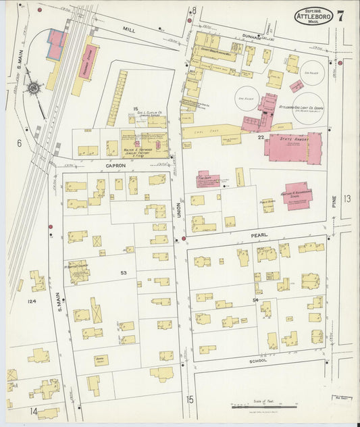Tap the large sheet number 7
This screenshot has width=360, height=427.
coord(340,16)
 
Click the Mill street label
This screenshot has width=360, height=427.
coord(129,30)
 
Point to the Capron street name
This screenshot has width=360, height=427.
coord(115,166)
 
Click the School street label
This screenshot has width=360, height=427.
coord(258,361)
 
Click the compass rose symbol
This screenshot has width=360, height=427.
coord(32,88)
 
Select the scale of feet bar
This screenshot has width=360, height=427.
coord(255,407)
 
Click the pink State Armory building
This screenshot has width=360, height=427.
coord(292,147)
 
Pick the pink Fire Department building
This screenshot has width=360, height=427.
coord(207,178)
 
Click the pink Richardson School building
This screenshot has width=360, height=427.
coord(298,196)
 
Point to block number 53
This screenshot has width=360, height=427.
coord(124,273)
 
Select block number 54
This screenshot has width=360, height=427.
coord(255,299)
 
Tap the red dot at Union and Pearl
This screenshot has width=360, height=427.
coord(183,238)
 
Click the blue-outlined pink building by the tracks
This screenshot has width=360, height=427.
coord(56,45)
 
